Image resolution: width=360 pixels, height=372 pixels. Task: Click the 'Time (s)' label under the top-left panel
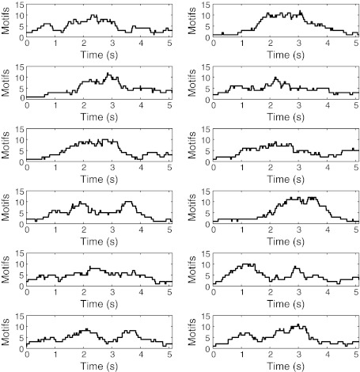(99, 52)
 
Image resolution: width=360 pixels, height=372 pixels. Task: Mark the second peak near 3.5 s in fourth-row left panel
(129, 203)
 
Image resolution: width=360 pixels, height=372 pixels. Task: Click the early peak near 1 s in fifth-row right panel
(248, 264)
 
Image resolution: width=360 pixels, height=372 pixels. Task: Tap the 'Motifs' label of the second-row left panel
(6, 82)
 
